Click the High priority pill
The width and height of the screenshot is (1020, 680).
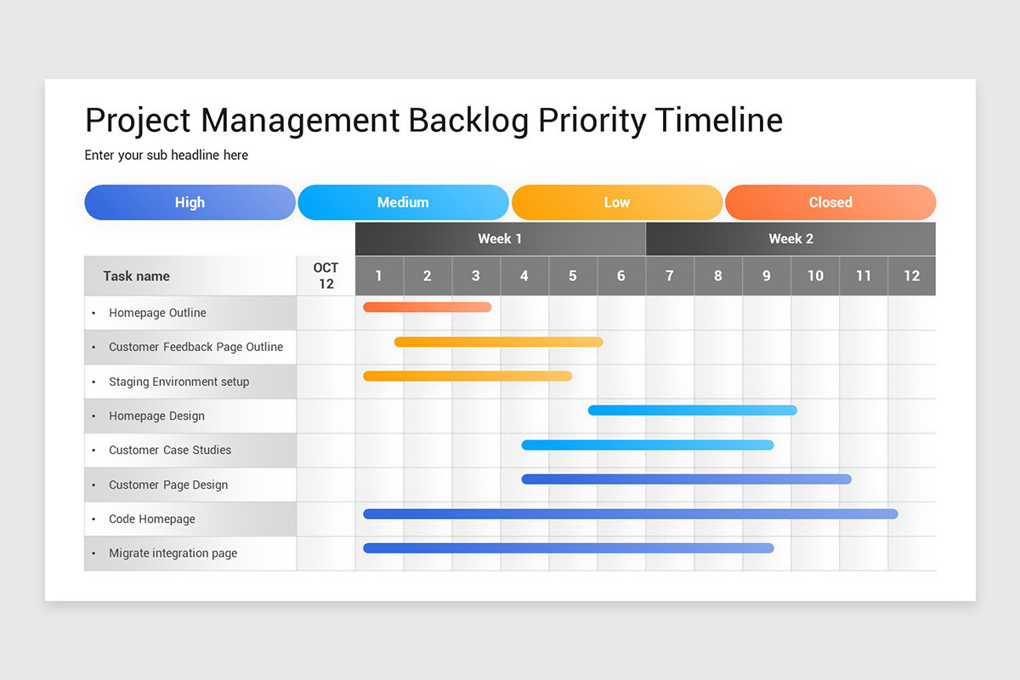(190, 202)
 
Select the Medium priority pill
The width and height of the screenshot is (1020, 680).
(403, 202)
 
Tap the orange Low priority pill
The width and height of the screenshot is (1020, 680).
(617, 202)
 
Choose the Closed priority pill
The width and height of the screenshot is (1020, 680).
(830, 202)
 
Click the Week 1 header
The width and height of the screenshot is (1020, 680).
(500, 239)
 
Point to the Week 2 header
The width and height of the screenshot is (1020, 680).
(790, 239)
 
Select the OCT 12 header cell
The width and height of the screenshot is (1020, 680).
(326, 276)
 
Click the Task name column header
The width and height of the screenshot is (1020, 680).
(136, 276)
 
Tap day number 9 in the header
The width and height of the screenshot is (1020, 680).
(766, 276)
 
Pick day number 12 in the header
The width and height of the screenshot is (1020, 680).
(911, 276)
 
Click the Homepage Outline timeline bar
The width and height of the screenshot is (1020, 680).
(427, 307)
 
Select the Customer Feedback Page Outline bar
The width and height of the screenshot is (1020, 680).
(498, 342)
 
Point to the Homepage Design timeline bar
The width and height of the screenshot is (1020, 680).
(692, 410)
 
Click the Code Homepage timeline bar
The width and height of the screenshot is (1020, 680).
(630, 513)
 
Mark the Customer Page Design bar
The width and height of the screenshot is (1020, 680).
(686, 479)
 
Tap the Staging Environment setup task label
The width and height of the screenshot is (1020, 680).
(178, 382)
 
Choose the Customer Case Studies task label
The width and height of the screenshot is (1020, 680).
(170, 450)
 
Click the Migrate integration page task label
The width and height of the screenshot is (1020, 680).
(173, 553)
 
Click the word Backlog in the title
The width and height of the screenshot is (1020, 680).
(468, 120)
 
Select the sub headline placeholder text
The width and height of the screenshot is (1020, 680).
(167, 155)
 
